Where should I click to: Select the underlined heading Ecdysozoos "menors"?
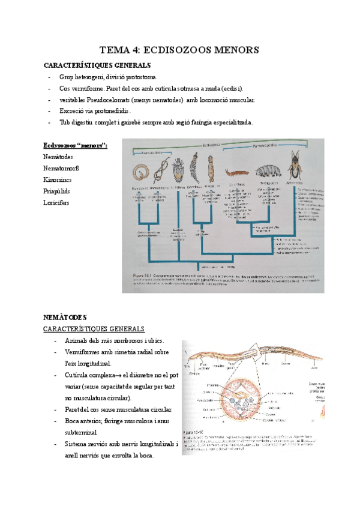pyautogui.click(x=75, y=145)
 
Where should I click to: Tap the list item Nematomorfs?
pyautogui.click(x=61, y=168)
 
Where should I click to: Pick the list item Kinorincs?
pyautogui.click(x=58, y=179)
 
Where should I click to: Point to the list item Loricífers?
pyautogui.click(x=56, y=203)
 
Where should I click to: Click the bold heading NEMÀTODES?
pyautogui.click(x=66, y=316)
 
